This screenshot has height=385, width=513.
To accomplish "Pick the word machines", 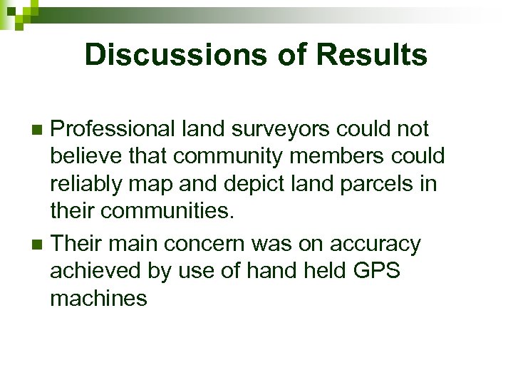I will pyautogui.click(x=98, y=298).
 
